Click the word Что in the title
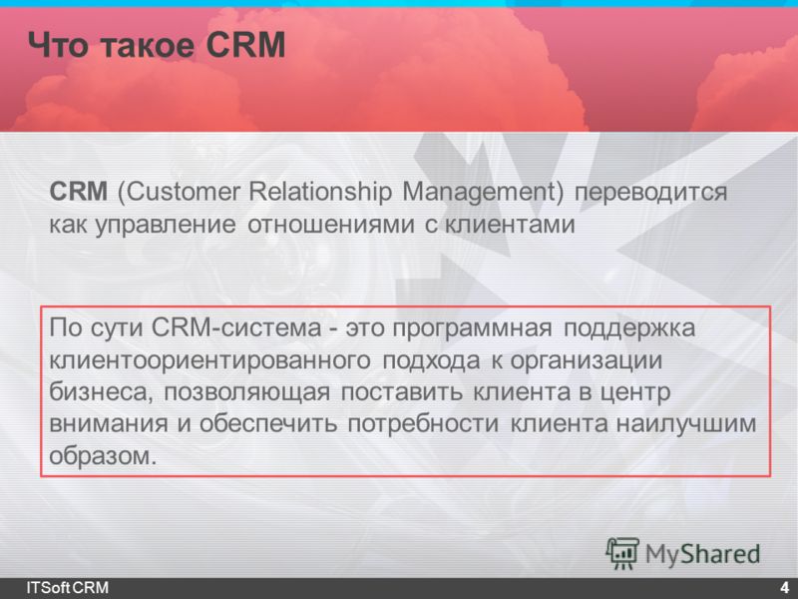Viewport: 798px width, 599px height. coord(59,45)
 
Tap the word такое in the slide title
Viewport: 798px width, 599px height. coord(148,45)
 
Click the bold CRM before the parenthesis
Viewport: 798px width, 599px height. coord(79,192)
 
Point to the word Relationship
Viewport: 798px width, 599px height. coord(320,193)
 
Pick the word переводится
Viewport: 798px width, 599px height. coord(650,193)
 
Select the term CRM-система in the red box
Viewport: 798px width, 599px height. coord(236,327)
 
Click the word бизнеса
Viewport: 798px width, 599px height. coord(101,392)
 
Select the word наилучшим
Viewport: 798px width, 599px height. coord(686,424)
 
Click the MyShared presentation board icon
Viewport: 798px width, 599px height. coord(621,553)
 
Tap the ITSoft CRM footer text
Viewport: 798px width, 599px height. coord(67,587)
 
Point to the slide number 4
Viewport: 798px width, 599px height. coord(784,587)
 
